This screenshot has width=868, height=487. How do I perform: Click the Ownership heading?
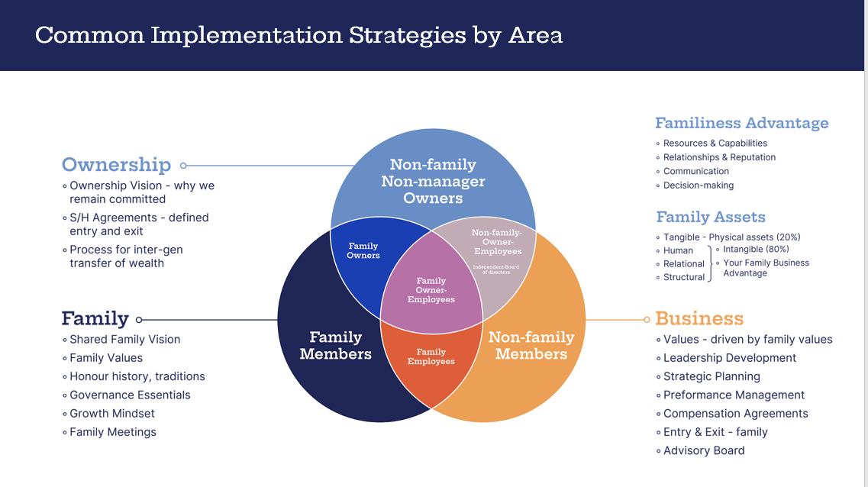116,165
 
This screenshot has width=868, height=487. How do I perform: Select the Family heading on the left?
95,319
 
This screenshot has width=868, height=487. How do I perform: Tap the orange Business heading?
699,319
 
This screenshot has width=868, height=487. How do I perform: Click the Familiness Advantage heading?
741,124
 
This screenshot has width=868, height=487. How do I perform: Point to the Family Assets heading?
710,218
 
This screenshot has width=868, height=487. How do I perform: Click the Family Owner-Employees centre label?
431,290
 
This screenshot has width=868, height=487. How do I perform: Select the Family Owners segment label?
363,250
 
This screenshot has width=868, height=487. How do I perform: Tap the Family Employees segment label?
431,356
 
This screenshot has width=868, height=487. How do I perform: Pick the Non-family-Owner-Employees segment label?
496,242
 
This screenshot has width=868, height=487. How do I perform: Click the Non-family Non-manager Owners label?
433,181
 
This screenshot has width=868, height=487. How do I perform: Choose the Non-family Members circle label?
531,345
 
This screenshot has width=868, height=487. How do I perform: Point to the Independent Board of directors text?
496,269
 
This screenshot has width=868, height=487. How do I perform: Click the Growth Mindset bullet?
111,413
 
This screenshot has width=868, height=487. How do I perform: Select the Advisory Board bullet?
703,450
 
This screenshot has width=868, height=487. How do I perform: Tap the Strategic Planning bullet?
712,376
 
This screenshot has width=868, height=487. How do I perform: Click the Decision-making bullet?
698,185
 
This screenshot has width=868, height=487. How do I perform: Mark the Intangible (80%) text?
756,249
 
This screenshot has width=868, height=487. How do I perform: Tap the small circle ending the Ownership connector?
183,165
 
